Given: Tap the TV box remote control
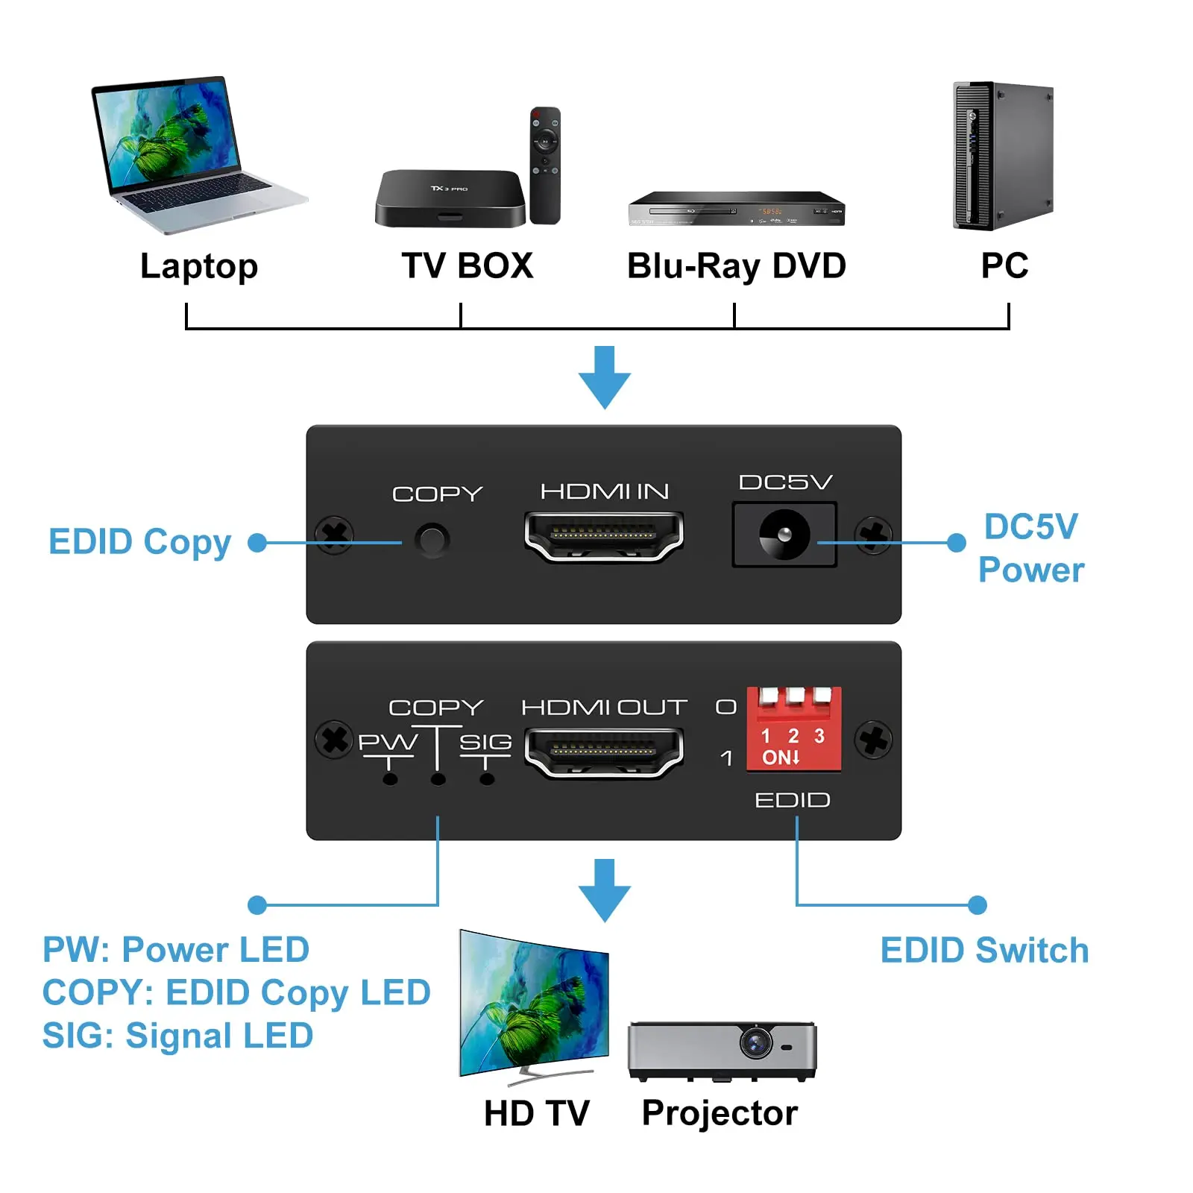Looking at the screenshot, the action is tap(545, 165).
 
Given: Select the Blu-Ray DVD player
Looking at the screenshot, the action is tap(736, 208).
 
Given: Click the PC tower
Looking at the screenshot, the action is tap(1003, 156).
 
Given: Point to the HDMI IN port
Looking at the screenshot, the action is tap(604, 537).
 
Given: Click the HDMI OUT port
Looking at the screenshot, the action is tap(604, 753).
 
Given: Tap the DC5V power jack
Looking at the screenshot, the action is tap(784, 535).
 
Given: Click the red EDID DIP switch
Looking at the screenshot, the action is tap(794, 728).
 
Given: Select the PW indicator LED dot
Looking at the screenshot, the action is tap(389, 779).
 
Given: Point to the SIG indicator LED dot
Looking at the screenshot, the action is tap(486, 779).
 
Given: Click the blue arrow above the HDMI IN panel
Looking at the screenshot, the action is tap(605, 377).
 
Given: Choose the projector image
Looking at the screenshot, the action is tap(722, 1051).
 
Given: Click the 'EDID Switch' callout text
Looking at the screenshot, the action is tap(984, 951).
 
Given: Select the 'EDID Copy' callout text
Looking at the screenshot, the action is tap(140, 543).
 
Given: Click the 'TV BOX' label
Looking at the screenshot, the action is tap(468, 266).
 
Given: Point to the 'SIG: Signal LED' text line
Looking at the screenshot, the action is tap(177, 1036).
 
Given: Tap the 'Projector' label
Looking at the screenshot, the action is tap(720, 1114).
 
